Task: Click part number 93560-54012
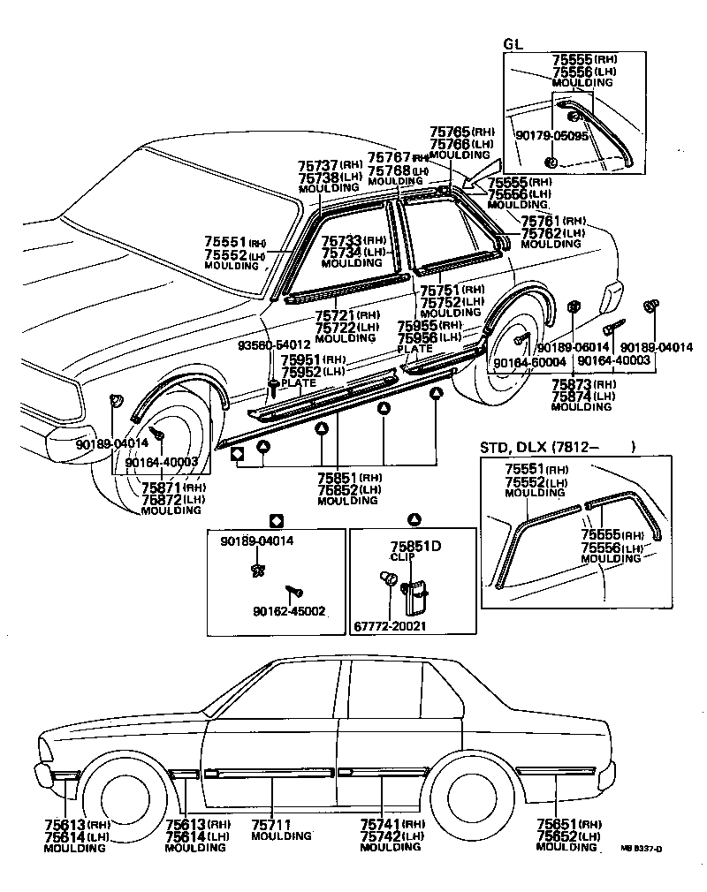pos(273,344)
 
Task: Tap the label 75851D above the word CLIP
pos(415,546)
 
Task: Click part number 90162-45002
pos(287,609)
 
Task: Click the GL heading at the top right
pos(513,44)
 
